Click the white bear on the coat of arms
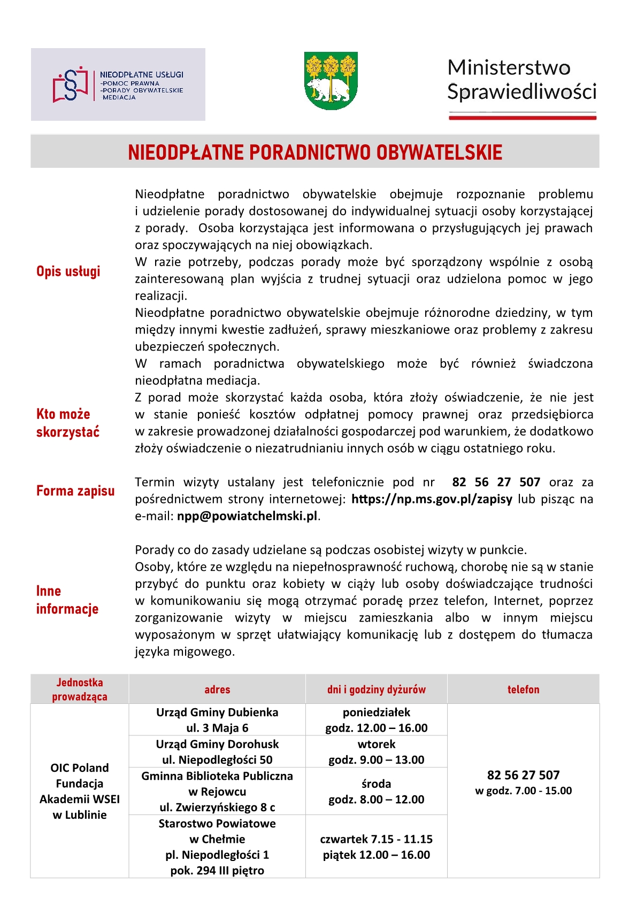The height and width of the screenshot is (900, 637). [x=327, y=89]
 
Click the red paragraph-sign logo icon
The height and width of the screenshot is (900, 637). [x=70, y=84]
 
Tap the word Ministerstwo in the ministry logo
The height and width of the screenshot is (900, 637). [x=509, y=68]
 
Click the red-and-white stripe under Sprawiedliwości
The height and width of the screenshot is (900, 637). [x=522, y=115]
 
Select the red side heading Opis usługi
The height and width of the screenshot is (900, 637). [x=68, y=271]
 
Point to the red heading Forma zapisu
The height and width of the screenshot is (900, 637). [x=75, y=491]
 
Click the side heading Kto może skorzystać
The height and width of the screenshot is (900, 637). [x=68, y=423]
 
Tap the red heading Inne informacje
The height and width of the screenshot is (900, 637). [x=67, y=600]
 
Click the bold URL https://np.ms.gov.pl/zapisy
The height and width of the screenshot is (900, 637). [x=432, y=499]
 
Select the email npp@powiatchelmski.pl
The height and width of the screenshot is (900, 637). [x=247, y=516]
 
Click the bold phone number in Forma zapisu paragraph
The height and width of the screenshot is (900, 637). [x=496, y=482]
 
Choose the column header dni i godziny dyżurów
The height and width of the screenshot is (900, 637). [x=376, y=689]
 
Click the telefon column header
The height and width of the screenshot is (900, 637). [x=523, y=689]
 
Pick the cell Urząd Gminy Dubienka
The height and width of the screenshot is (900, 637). [x=217, y=712]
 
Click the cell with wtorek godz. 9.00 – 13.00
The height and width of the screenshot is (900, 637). [x=376, y=752]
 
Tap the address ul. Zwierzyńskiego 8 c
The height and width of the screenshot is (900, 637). [x=217, y=807]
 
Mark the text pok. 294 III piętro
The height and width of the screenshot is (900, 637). [x=217, y=871]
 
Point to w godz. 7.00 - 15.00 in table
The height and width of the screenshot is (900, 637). [x=523, y=791]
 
